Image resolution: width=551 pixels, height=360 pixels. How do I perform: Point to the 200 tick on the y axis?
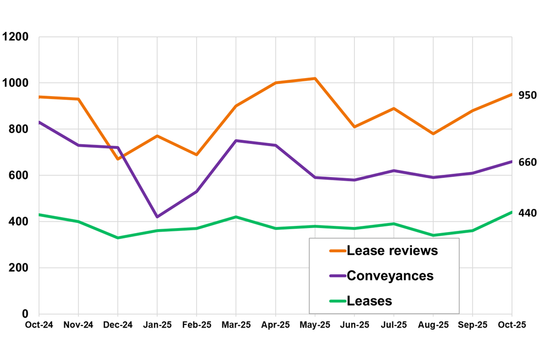(x=20, y=268)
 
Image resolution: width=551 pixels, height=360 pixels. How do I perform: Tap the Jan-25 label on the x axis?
(x=157, y=325)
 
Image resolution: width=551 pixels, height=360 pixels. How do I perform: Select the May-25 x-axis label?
(x=315, y=325)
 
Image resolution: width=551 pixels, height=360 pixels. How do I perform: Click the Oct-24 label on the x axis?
(x=39, y=325)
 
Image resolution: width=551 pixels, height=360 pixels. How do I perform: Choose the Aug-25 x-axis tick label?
(x=433, y=325)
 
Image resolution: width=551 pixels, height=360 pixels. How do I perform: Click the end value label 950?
(x=527, y=95)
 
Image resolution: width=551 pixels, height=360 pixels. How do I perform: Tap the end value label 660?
(x=527, y=162)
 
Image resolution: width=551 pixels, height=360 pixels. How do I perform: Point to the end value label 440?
(x=527, y=213)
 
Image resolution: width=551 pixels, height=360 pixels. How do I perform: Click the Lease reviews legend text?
(x=392, y=251)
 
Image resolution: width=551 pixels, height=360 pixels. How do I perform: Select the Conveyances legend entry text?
(x=390, y=276)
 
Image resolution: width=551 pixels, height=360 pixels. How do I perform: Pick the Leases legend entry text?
(x=369, y=301)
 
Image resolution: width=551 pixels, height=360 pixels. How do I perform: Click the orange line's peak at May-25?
(x=315, y=79)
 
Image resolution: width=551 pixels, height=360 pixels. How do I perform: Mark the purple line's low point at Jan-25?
(x=157, y=217)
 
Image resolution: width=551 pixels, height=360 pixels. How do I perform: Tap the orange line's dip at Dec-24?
(x=118, y=159)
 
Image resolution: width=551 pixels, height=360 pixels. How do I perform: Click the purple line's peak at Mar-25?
(x=236, y=141)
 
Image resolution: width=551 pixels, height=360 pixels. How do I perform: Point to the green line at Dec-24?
(x=118, y=238)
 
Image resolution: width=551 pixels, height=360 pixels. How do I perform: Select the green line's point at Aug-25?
(x=433, y=235)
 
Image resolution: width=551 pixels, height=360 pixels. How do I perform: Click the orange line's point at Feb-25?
(x=197, y=155)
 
